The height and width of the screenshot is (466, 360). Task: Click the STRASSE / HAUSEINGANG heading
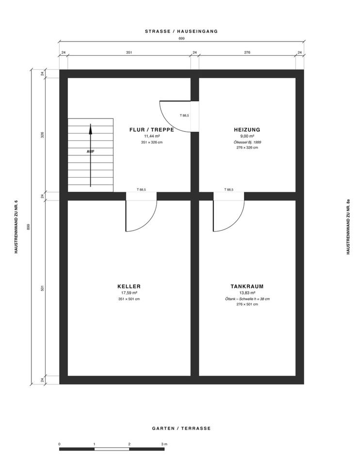[x=181, y=31]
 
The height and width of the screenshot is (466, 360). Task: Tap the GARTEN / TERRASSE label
[x=181, y=428]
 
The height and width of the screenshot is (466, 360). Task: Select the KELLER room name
[x=129, y=286]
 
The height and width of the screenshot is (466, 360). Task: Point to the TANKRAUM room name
[x=247, y=286]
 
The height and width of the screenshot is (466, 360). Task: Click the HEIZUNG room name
[x=247, y=130]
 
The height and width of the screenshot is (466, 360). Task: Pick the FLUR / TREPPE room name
[x=152, y=130]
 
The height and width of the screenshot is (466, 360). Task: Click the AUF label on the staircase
[x=91, y=151]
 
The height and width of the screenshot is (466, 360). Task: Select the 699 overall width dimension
[x=181, y=38]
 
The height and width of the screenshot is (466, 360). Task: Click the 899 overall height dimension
[x=29, y=227]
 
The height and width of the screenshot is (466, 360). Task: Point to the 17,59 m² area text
[x=129, y=293]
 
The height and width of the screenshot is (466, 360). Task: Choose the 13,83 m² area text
[x=247, y=293]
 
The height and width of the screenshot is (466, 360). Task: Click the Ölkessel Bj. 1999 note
[x=247, y=142]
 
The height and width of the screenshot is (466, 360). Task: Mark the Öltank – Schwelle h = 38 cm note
[x=247, y=299]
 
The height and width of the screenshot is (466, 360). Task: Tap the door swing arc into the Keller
[x=148, y=222]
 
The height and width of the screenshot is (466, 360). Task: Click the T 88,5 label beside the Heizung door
[x=184, y=116]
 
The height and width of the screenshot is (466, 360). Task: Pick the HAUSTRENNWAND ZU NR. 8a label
[x=348, y=227]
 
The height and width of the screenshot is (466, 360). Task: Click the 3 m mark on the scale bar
[x=164, y=444]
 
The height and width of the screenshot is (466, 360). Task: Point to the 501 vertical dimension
[x=42, y=288]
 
